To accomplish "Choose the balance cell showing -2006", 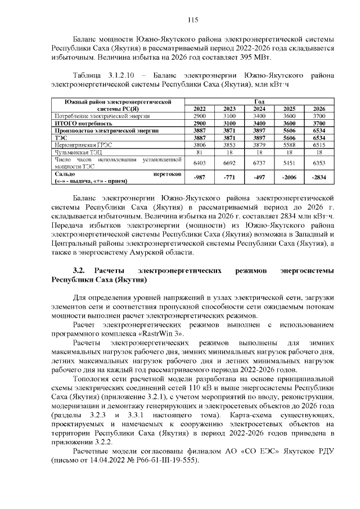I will coord(289,177).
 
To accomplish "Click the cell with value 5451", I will coord(289,163).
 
